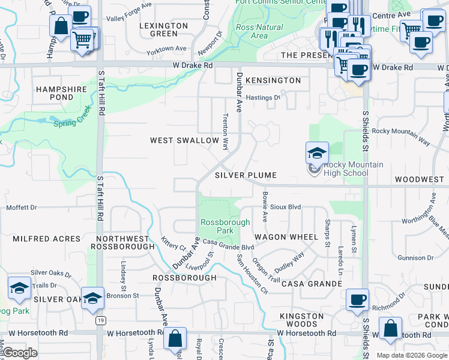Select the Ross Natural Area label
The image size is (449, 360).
[x=259, y=31]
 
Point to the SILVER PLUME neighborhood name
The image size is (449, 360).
[x=246, y=175]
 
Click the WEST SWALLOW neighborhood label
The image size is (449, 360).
[x=184, y=140]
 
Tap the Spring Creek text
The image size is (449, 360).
[x=71, y=124]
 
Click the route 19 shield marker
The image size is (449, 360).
[x=100, y=322]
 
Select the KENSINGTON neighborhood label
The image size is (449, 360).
[x=273, y=80]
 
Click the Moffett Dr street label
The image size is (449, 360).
[x=22, y=208]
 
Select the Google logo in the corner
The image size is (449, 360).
[x=20, y=353]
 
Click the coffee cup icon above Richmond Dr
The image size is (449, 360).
[x=357, y=299]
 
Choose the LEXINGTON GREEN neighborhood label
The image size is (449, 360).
[x=164, y=29]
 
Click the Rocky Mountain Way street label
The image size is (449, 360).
[x=401, y=136]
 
